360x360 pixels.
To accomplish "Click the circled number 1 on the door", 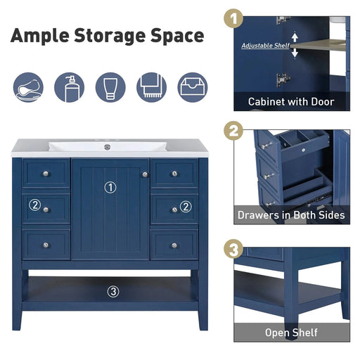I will pos(110,187).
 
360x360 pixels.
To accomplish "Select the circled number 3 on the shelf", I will pos(113,291).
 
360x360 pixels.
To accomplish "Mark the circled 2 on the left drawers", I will pos(34,205).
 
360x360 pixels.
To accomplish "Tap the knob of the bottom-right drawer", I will pos(174,245).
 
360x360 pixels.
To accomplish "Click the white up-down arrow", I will pos(295,45).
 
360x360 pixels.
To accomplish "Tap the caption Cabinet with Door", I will pos(291,102).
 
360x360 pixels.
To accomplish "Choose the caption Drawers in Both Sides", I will pos(291,215).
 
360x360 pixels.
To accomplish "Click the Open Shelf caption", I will pos(291,333).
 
